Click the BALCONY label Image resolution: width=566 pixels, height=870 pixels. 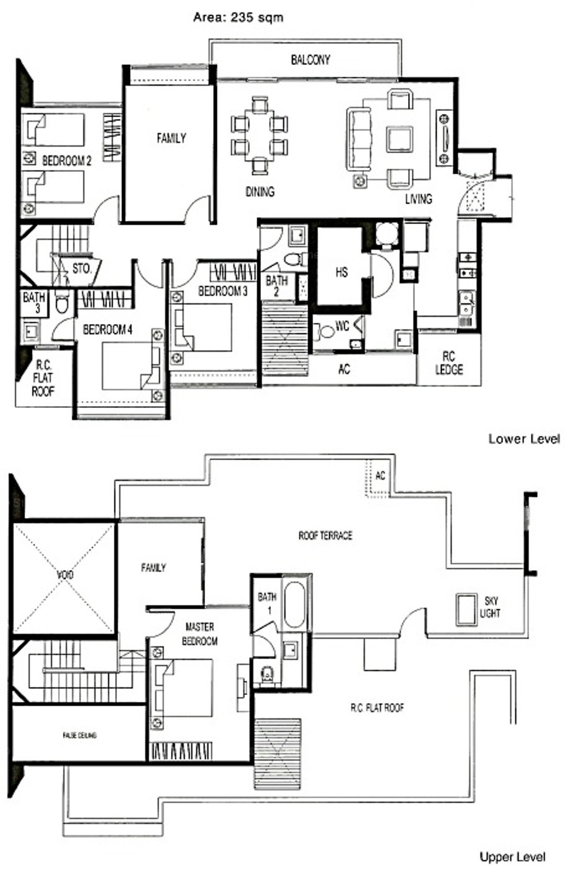(310, 59)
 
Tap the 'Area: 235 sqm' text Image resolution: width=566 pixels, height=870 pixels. (238, 18)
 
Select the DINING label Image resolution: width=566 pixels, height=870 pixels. (260, 191)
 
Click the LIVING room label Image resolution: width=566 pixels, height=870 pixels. (419, 199)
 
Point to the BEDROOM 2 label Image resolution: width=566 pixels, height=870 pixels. (67, 161)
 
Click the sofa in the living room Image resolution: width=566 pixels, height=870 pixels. (358, 139)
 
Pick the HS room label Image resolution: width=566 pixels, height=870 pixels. (341, 272)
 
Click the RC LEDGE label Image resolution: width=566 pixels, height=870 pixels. (449, 363)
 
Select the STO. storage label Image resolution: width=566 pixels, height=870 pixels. (82, 268)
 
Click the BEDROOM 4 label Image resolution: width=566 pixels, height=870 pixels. (108, 330)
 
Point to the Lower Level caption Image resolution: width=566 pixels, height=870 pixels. (524, 439)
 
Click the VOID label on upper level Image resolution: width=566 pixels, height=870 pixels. (65, 574)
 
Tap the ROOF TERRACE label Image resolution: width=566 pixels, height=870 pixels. (325, 536)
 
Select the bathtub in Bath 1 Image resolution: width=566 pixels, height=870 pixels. (295, 604)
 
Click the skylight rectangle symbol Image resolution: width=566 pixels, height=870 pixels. (466, 609)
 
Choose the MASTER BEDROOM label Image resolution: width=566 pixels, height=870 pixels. (199, 633)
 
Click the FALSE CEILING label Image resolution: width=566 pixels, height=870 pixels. (79, 735)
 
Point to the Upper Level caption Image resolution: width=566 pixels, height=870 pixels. (513, 857)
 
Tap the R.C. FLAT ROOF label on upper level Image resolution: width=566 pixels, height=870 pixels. (377, 707)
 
